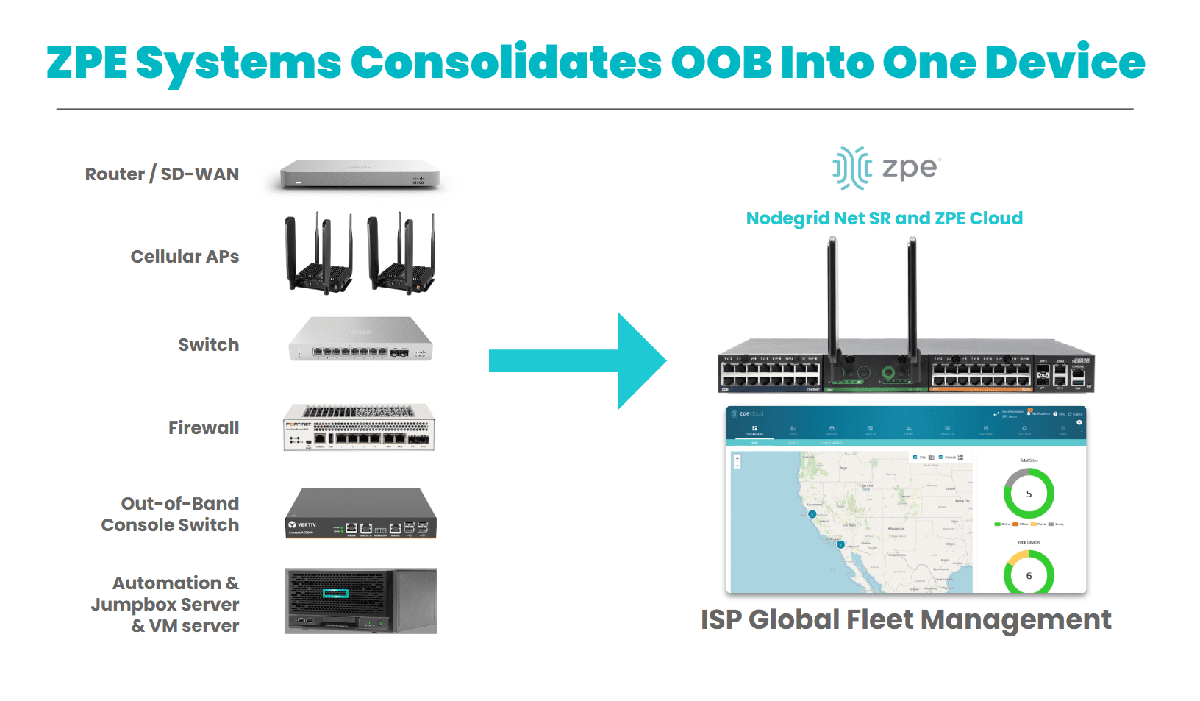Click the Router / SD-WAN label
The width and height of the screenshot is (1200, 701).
click(x=162, y=174)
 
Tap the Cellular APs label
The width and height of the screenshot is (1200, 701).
click(x=185, y=257)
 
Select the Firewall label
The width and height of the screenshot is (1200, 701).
click(x=204, y=428)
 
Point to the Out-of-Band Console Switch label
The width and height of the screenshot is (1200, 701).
click(x=171, y=514)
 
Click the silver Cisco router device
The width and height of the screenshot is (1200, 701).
click(x=360, y=175)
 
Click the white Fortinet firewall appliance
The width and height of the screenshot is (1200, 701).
click(x=359, y=427)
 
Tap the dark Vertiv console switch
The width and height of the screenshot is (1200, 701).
click(x=360, y=513)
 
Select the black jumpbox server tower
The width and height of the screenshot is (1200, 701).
click(x=360, y=600)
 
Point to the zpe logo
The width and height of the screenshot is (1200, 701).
click(x=886, y=168)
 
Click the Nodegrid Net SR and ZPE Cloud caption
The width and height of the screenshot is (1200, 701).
click(x=884, y=218)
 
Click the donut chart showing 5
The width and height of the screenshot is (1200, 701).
click(x=1029, y=494)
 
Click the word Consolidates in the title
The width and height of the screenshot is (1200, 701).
click(x=506, y=63)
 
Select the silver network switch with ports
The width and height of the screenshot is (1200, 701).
click(x=360, y=339)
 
